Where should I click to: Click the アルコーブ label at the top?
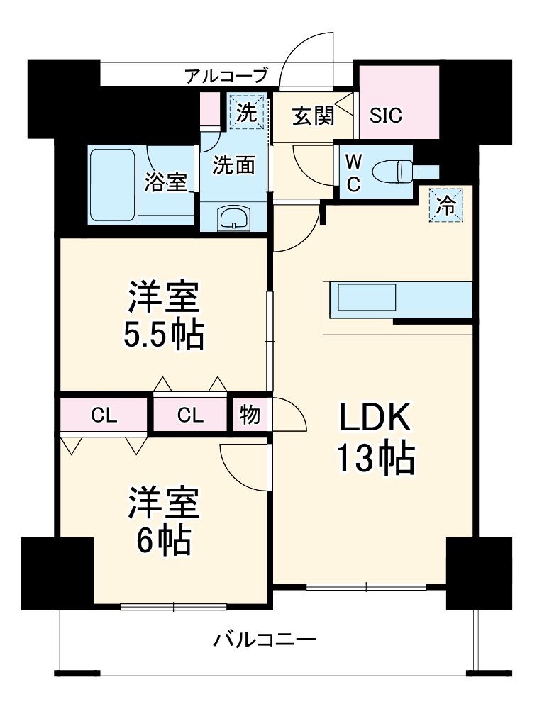[x=226, y=75]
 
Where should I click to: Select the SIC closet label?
[x=386, y=115]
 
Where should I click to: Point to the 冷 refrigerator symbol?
[x=446, y=206]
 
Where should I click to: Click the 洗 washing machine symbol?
[x=246, y=113]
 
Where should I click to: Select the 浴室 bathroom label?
[x=166, y=182]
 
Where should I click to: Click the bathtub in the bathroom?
[x=113, y=184]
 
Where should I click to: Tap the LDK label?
[x=374, y=418]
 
